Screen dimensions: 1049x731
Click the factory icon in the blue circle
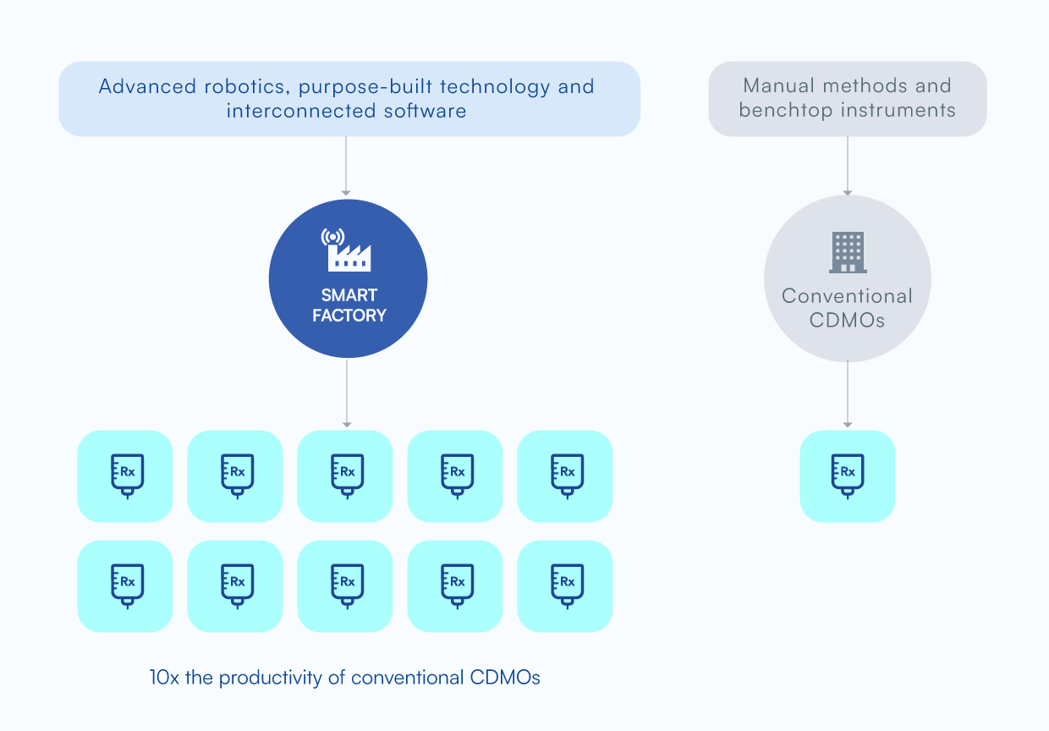point(347,250)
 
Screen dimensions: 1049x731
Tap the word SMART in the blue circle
point(349,295)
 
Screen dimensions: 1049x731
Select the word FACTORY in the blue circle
point(349,315)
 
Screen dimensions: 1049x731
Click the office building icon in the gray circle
point(848,252)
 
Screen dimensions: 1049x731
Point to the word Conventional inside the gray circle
point(847,296)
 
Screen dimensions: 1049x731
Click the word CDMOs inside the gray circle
point(847,321)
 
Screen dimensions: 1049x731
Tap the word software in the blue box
point(426,111)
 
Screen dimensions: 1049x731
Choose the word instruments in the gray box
point(898,110)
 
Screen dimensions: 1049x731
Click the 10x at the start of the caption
point(164,678)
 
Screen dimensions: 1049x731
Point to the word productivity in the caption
point(270,678)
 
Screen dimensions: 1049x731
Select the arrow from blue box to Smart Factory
point(346,166)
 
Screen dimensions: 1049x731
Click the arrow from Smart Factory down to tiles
point(347,393)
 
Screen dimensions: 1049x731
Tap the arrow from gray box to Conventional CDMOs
point(848,166)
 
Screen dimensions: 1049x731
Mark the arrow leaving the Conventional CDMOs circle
point(848,393)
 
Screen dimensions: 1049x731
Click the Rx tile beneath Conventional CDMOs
point(848,476)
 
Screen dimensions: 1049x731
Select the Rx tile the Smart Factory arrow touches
point(345,476)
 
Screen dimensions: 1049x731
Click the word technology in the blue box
point(495,87)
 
